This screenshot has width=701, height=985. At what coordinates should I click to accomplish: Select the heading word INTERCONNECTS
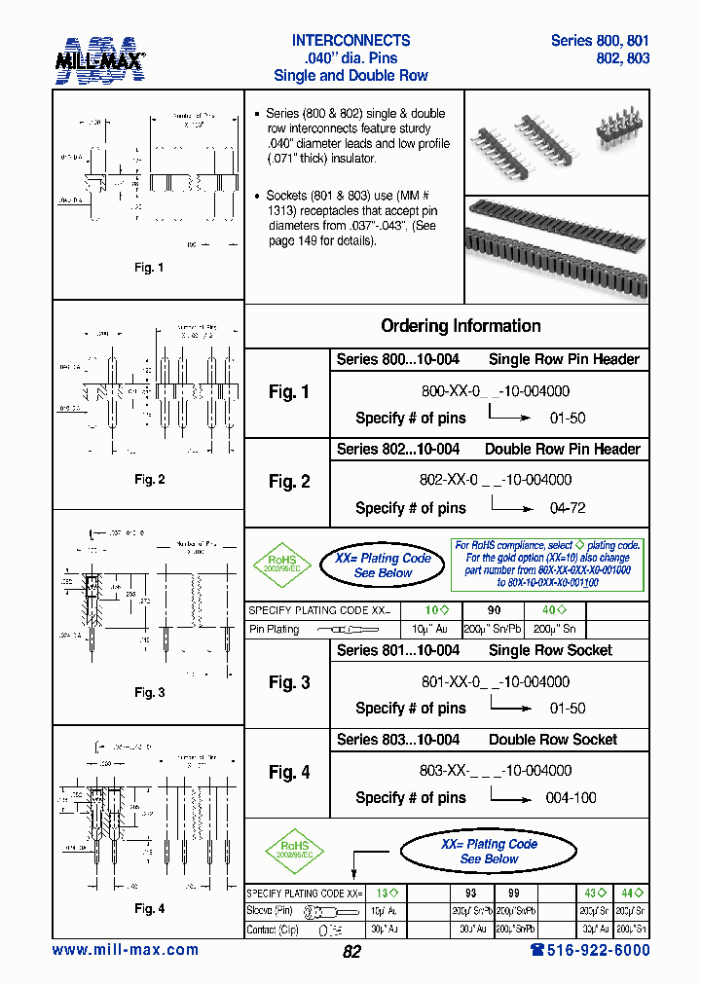(350, 41)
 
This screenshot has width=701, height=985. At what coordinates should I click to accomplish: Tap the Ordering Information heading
(461, 326)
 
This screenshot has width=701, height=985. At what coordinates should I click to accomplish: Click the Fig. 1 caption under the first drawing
(149, 268)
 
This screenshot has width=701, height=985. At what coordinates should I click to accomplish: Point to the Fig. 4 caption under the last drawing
(149, 908)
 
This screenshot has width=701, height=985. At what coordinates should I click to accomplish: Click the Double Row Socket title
(552, 740)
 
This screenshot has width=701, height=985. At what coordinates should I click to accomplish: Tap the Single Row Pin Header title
(564, 359)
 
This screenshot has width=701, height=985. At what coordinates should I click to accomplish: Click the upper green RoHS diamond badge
(281, 565)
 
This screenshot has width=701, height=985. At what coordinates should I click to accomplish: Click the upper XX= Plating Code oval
(383, 565)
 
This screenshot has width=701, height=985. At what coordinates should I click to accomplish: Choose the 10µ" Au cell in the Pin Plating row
(422, 630)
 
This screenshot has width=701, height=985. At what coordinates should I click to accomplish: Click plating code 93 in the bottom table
(470, 893)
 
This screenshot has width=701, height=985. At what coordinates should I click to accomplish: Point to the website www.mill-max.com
(125, 950)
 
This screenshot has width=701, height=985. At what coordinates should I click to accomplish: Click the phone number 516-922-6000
(590, 950)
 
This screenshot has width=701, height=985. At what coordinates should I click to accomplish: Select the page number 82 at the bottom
(351, 952)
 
